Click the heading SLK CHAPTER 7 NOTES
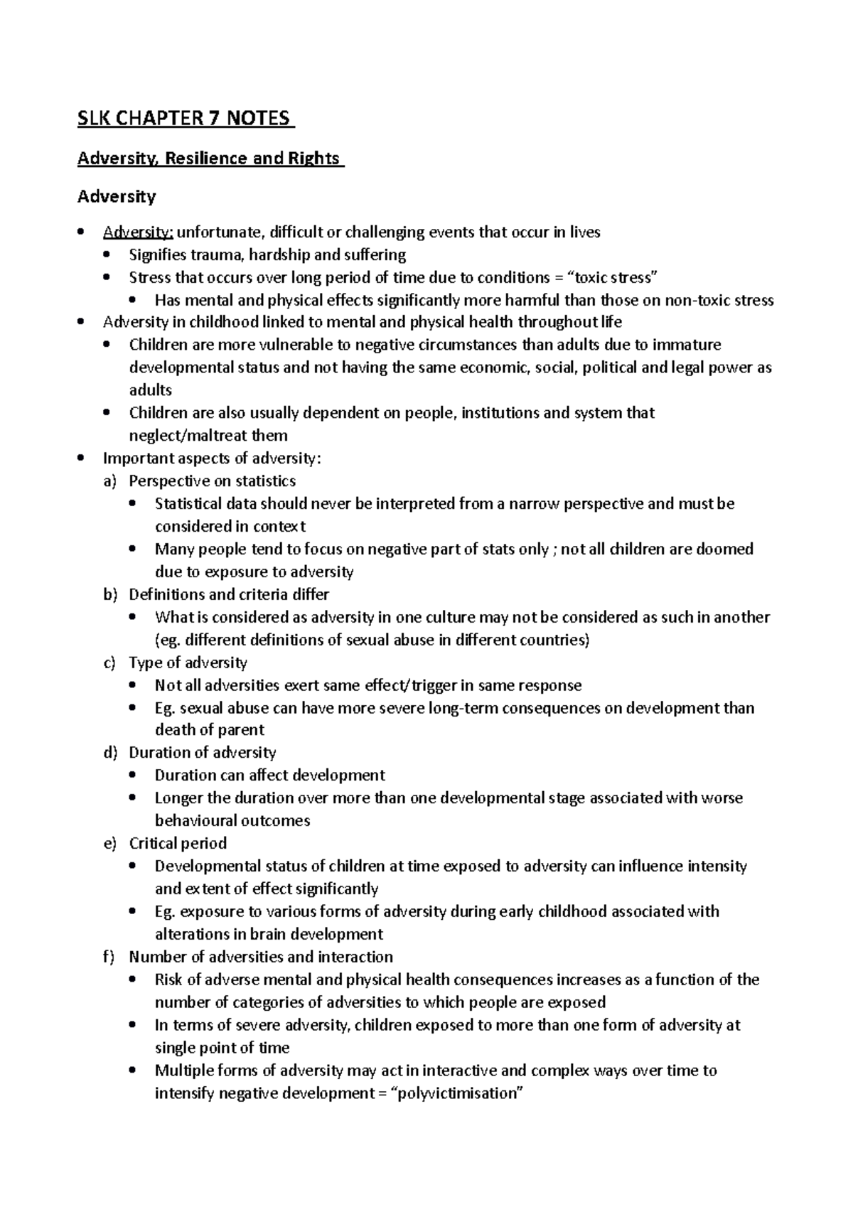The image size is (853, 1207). point(185,117)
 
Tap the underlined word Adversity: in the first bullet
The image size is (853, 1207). point(138,232)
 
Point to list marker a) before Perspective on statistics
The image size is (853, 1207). point(109,481)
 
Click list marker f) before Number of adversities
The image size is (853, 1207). point(109,957)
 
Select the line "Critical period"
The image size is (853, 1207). point(178,844)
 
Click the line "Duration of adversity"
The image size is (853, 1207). point(202,753)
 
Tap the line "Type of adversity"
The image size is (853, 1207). point(188,662)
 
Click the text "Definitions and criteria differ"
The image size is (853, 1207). point(228,594)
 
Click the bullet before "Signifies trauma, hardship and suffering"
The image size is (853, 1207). point(107,255)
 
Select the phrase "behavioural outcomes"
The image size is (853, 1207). point(232,821)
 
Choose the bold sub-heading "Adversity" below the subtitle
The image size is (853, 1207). point(117,196)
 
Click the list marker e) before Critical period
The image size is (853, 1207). point(109,844)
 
